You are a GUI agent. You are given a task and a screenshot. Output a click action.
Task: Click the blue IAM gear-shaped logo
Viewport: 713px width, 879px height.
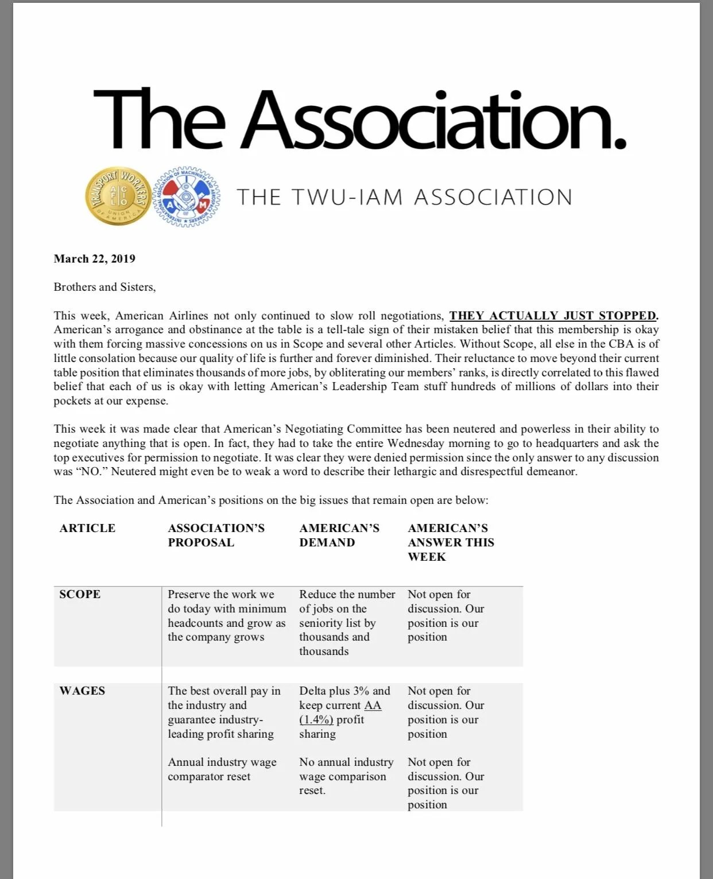point(188,196)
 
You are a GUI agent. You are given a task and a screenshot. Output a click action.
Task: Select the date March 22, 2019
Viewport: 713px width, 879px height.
point(94,259)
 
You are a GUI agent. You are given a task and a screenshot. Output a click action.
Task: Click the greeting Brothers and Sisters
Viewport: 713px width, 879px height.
point(104,287)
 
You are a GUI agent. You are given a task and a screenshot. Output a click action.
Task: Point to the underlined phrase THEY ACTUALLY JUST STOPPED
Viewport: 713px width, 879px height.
point(553,315)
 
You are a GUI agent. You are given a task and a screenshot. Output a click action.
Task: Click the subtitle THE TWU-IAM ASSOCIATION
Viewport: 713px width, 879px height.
point(404,197)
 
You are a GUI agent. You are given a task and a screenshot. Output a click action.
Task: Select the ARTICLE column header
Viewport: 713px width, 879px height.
point(87,528)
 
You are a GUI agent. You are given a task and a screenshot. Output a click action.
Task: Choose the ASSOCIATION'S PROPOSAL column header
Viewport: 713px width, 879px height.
point(216,535)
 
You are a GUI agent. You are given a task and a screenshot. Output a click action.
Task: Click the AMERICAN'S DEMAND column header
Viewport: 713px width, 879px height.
point(339,535)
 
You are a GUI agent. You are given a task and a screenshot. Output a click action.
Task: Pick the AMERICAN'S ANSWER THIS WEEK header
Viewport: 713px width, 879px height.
point(451,542)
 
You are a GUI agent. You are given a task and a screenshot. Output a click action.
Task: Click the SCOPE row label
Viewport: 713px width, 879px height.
point(80,594)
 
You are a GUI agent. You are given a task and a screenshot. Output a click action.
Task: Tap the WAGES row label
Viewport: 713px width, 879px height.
point(82,691)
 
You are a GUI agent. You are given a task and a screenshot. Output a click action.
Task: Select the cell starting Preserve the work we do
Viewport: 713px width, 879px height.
point(226,615)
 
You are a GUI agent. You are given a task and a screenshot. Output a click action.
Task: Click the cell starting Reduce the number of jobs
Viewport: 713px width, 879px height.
point(347,622)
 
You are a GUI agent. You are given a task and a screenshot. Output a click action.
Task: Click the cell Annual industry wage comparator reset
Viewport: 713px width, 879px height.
point(222,769)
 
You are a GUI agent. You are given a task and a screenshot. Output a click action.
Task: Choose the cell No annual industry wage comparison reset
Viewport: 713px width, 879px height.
point(346,776)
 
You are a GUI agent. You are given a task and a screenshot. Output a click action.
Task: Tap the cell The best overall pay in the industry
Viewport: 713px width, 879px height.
point(224,712)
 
